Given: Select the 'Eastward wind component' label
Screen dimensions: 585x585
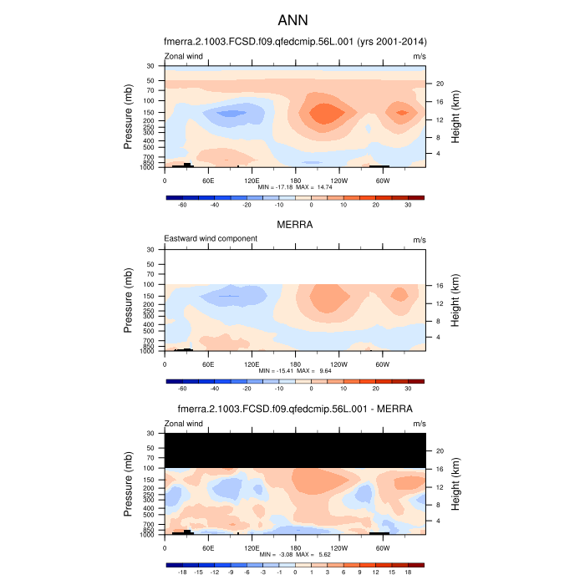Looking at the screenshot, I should pos(211,238).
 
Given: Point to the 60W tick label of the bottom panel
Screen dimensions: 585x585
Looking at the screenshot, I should pos(383,548).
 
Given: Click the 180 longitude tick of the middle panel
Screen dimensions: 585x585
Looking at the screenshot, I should pos(295,364).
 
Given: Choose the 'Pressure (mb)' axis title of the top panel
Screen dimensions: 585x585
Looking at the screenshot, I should pos(129,116).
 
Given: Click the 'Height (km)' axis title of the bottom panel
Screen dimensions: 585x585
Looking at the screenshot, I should pos(456,485).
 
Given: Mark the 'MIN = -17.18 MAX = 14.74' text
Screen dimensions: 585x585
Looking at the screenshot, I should pos(295,188).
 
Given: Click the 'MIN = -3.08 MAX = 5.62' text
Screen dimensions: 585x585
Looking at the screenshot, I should pos(295,555).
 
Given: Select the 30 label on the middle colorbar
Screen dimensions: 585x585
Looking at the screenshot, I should pos(409,389).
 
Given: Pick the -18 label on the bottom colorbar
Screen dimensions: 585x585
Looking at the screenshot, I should pos(181,572).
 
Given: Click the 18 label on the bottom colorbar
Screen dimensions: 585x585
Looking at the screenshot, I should pos(409,572).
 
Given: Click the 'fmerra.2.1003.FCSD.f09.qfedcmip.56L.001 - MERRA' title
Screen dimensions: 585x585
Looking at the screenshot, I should pos(295,409).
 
